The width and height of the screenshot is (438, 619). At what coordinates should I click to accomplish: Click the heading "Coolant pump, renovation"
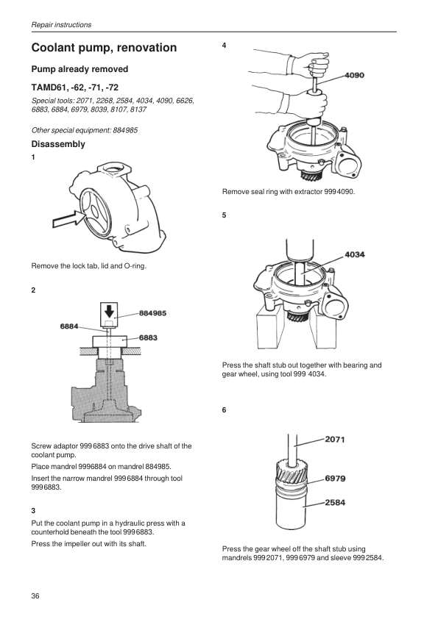tap(104, 48)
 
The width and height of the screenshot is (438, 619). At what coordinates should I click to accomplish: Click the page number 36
tap(35, 595)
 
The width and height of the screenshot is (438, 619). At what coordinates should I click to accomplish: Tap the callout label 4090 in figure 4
tap(354, 75)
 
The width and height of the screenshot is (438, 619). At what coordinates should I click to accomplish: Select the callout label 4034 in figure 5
tap(355, 254)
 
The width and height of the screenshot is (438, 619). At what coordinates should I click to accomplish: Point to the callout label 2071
tap(335, 440)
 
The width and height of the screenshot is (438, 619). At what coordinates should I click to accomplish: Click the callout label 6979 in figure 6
tap(335, 479)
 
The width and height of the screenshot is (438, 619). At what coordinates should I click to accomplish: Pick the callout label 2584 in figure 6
tap(335, 503)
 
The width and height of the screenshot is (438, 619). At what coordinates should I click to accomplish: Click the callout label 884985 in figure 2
tap(152, 313)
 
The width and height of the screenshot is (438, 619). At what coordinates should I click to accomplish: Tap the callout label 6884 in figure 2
tap(69, 326)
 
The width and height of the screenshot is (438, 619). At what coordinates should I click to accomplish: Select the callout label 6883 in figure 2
tap(148, 337)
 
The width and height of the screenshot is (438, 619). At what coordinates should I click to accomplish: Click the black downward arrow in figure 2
tap(109, 311)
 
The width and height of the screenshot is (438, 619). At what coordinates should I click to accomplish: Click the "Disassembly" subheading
tap(58, 144)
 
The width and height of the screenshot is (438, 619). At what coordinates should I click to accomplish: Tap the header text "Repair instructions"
tap(61, 24)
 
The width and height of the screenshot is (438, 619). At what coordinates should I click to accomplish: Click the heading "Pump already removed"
tap(80, 69)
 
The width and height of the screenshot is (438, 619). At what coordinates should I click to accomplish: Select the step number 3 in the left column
tap(33, 510)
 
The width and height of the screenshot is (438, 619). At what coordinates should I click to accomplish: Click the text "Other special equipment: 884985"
tap(85, 130)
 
